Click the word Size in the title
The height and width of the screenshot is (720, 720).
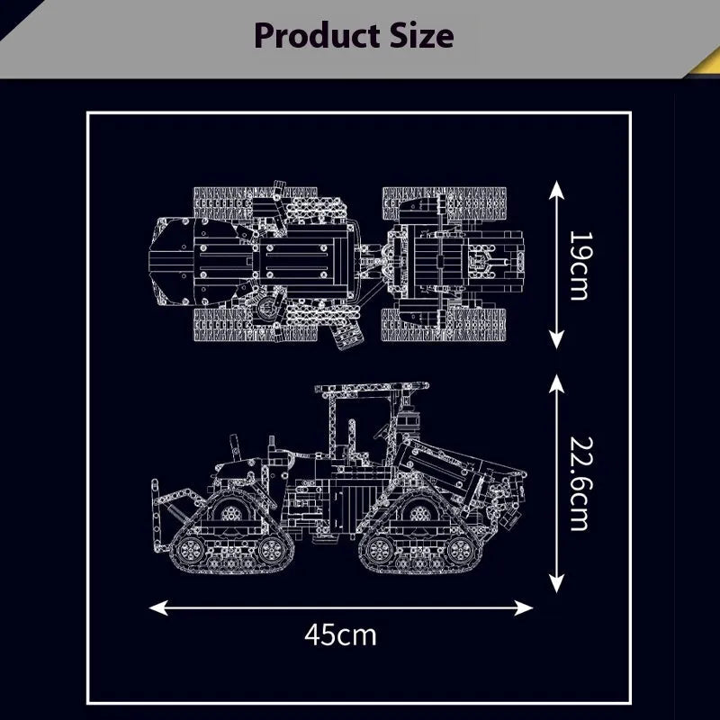coord(422,35)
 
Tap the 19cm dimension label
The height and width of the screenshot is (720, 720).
coord(580,265)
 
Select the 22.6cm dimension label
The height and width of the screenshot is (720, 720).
coord(580,483)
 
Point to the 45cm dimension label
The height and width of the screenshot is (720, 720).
coord(340,635)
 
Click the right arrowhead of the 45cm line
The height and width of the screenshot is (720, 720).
coord(524,608)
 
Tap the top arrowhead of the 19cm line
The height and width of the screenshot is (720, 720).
coord(556,190)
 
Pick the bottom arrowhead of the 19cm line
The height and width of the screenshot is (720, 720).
coord(556,340)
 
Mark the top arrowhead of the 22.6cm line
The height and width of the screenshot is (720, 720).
coord(556,384)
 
